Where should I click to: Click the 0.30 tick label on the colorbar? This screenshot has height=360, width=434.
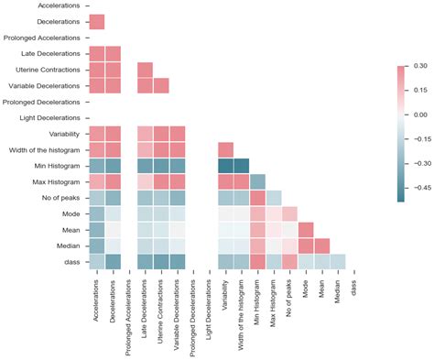[x=420, y=67]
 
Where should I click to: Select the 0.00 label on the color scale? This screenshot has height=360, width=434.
[x=420, y=115]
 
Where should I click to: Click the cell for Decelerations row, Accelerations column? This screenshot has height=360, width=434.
[x=96, y=22]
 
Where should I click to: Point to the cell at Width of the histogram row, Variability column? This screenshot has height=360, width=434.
[x=225, y=149]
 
